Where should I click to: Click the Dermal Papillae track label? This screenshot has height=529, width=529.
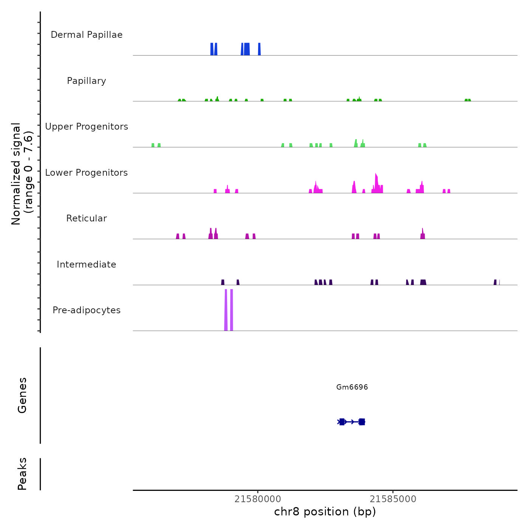(x=87, y=35)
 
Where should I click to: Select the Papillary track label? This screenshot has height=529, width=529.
(x=87, y=81)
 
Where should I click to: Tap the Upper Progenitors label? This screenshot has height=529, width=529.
(x=87, y=127)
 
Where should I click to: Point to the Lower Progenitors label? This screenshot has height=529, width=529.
(x=87, y=173)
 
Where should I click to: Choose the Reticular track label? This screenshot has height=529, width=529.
(x=87, y=218)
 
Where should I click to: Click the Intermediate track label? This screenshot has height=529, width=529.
(x=87, y=264)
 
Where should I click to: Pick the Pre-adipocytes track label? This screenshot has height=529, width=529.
(x=87, y=310)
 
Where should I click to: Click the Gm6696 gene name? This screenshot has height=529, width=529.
(x=352, y=387)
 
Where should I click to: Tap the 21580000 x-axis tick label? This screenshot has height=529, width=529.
(x=258, y=499)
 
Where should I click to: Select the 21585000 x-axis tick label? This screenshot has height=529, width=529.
(x=393, y=499)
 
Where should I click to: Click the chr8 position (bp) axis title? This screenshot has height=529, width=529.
(x=325, y=512)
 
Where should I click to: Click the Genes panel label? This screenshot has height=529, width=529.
(x=22, y=395)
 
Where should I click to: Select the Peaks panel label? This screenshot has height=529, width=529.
(x=22, y=474)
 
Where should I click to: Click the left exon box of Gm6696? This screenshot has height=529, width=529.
(x=342, y=422)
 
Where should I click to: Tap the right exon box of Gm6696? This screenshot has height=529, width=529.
(x=362, y=422)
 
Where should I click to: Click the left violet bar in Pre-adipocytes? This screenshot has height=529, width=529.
(x=226, y=310)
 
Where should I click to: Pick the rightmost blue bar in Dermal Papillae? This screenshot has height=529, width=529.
(x=259, y=49)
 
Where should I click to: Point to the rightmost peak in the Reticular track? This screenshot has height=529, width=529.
(x=422, y=235)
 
